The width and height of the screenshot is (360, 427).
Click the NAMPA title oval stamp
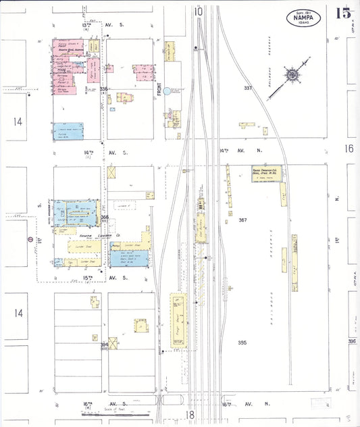[x=303, y=18]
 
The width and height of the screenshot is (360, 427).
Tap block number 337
[x=248, y=88]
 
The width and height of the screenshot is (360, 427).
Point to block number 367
[x=243, y=220]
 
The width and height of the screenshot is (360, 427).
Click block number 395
[x=242, y=343]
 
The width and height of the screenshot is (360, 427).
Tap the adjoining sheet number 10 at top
[x=198, y=11]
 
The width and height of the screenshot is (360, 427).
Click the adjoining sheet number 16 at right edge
[x=349, y=148]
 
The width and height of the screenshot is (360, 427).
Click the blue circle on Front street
[x=176, y=89]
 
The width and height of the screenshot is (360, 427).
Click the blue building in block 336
[x=68, y=131]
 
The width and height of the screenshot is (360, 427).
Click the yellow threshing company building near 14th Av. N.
[x=266, y=173]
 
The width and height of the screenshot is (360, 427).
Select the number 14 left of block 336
[x=17, y=122]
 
